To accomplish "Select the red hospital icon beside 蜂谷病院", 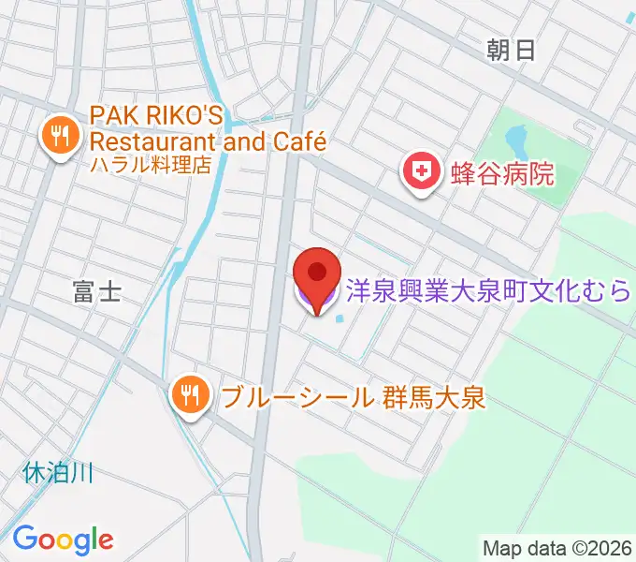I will click(x=422, y=172).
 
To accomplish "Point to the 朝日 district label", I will click(x=511, y=51).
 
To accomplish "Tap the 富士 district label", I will click(x=96, y=292).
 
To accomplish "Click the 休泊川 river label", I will click(x=58, y=473).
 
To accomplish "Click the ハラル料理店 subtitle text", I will click(x=150, y=165).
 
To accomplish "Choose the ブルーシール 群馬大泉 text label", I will click(x=354, y=397).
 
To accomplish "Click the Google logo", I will click(x=63, y=539).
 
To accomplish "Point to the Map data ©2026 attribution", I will click(x=557, y=547).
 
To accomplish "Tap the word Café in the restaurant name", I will click(x=298, y=142).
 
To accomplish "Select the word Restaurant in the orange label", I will click(x=150, y=142).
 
